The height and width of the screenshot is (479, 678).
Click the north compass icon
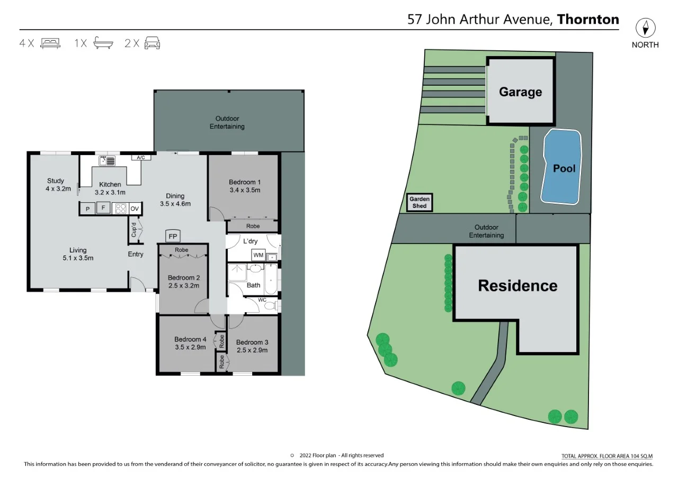click(x=645, y=28)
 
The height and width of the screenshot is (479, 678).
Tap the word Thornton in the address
click(x=588, y=20)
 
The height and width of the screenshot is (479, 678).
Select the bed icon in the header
click(x=51, y=43)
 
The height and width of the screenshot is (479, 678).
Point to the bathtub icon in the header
click(x=103, y=43)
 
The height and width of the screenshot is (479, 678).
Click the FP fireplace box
click(x=173, y=236)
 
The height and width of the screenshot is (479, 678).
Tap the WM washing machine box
click(x=258, y=256)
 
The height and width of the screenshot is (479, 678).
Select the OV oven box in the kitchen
click(x=135, y=209)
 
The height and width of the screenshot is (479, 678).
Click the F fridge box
click(x=103, y=208)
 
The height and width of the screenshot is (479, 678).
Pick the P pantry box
click(x=86, y=209)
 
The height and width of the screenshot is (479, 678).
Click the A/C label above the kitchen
click(x=141, y=158)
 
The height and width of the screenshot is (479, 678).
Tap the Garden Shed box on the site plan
click(x=420, y=203)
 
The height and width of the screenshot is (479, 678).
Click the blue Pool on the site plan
click(x=563, y=168)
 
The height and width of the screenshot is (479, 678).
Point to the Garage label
click(x=520, y=92)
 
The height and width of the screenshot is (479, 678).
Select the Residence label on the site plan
click(x=518, y=286)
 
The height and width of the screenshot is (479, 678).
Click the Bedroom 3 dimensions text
click(x=252, y=350)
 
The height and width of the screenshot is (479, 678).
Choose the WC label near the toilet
click(x=262, y=300)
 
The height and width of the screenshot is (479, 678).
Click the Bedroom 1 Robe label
click(x=253, y=226)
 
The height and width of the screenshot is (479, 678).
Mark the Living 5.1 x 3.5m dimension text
click(x=78, y=258)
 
